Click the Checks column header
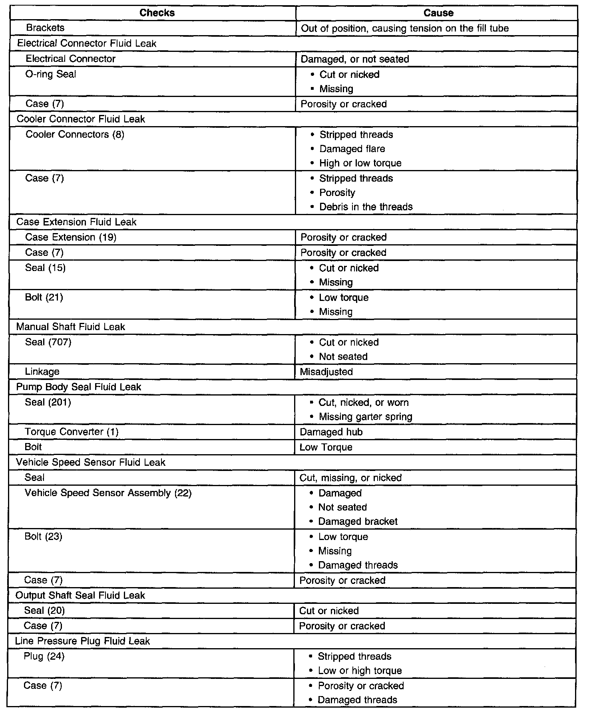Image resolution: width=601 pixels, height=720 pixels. [x=157, y=13]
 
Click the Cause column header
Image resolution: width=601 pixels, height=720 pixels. [x=438, y=13]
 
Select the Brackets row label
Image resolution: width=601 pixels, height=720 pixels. [x=45, y=28]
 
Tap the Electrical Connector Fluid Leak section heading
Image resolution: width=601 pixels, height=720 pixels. [x=87, y=43]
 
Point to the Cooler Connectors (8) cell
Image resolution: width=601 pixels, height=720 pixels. [x=75, y=135]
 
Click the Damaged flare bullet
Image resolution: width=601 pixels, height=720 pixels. [x=352, y=149]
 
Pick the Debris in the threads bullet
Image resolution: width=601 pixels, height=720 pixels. [x=366, y=207]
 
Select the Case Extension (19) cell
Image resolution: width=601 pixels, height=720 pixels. [x=71, y=237]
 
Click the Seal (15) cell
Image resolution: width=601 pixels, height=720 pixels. [x=45, y=268]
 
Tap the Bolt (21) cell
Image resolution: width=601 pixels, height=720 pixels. [x=44, y=297]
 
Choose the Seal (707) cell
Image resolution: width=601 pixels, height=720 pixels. [x=48, y=342]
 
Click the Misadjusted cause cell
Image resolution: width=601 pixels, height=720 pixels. [x=326, y=372]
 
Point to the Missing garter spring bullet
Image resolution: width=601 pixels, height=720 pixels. [x=365, y=417]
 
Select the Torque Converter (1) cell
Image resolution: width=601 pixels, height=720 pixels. [x=72, y=432]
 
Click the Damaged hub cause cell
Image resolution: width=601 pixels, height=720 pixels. [x=331, y=432]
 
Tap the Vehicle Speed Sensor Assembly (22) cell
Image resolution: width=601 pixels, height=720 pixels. [x=108, y=493]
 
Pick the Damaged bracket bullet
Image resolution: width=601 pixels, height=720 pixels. [x=358, y=522]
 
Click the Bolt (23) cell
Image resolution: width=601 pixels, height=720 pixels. [x=43, y=536]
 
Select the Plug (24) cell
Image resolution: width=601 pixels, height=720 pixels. [x=44, y=656]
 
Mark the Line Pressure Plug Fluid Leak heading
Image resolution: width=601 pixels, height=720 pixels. [x=82, y=641]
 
